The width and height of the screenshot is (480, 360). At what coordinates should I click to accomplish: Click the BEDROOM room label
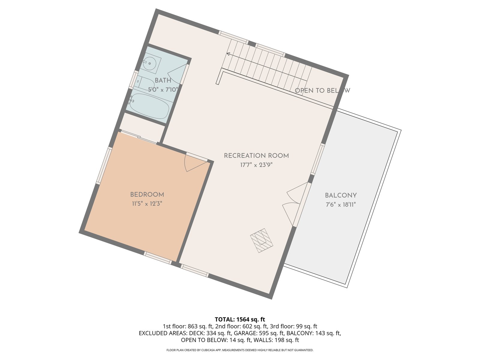tap(147, 194)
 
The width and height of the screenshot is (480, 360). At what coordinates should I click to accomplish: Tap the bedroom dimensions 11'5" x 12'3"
tap(147, 204)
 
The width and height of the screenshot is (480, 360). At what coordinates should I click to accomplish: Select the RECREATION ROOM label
tap(256, 156)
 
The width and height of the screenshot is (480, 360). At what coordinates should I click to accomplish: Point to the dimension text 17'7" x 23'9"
tap(256, 165)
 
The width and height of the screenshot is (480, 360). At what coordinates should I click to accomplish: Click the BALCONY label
tap(341, 195)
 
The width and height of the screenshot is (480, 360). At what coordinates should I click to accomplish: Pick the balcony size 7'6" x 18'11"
tap(341, 205)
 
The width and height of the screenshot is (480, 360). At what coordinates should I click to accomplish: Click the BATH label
tap(163, 80)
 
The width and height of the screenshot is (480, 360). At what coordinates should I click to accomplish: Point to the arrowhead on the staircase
tap(228, 54)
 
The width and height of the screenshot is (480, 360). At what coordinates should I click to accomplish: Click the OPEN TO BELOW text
tap(322, 91)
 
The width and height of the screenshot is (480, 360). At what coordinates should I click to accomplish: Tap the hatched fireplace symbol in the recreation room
tap(262, 240)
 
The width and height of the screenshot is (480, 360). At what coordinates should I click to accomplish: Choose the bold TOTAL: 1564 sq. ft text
tap(240, 319)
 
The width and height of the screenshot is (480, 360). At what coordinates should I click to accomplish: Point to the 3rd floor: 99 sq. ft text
tap(293, 326)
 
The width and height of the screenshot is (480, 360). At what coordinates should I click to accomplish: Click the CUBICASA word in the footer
tap(208, 350)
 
